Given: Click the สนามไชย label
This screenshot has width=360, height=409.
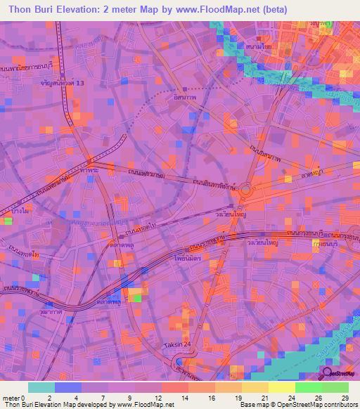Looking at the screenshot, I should [x=259, y=46].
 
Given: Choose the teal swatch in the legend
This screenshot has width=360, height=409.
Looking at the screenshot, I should [x=41, y=387].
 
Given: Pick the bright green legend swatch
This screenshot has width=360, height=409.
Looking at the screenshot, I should [x=308, y=387].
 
